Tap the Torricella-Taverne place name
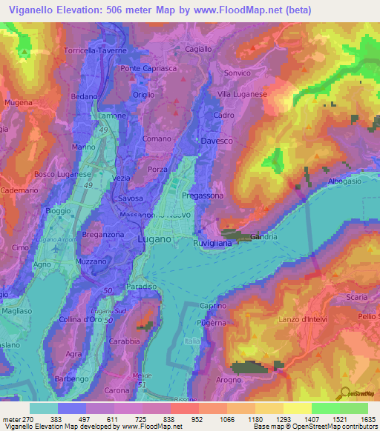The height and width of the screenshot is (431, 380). (96, 50)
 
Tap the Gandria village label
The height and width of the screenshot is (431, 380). (264, 237)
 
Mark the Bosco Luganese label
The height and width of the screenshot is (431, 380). (61, 174)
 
